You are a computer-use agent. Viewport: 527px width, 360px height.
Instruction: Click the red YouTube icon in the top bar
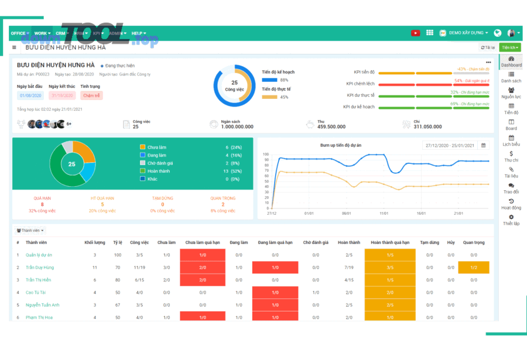click(x=415, y=33)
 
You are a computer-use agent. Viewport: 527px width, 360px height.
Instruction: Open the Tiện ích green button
click(x=511, y=47)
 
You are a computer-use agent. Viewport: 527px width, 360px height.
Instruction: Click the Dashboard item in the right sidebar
click(x=511, y=61)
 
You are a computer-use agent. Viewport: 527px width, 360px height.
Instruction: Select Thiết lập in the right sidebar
click(x=511, y=220)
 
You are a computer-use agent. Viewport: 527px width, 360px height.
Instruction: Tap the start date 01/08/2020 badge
click(x=30, y=95)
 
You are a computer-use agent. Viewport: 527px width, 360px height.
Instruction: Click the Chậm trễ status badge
click(x=91, y=95)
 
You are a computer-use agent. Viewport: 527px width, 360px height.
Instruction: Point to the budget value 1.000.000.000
click(x=229, y=126)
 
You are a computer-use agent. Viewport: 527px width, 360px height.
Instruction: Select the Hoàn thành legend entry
click(x=159, y=171)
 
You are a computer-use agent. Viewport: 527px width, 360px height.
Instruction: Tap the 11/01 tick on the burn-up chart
click(x=384, y=214)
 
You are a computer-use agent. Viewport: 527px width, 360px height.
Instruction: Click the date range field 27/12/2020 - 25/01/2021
click(x=450, y=145)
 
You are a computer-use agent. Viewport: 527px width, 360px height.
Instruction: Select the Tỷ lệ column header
click(x=118, y=242)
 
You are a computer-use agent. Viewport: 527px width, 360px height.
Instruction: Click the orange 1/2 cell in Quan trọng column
click(x=473, y=268)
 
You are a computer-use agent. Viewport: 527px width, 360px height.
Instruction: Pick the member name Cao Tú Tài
click(x=36, y=292)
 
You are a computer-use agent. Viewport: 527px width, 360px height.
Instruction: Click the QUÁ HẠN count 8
click(x=42, y=204)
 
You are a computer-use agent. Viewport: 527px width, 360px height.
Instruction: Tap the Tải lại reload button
click(x=488, y=47)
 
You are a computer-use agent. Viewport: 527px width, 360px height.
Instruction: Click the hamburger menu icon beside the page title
click(x=14, y=47)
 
